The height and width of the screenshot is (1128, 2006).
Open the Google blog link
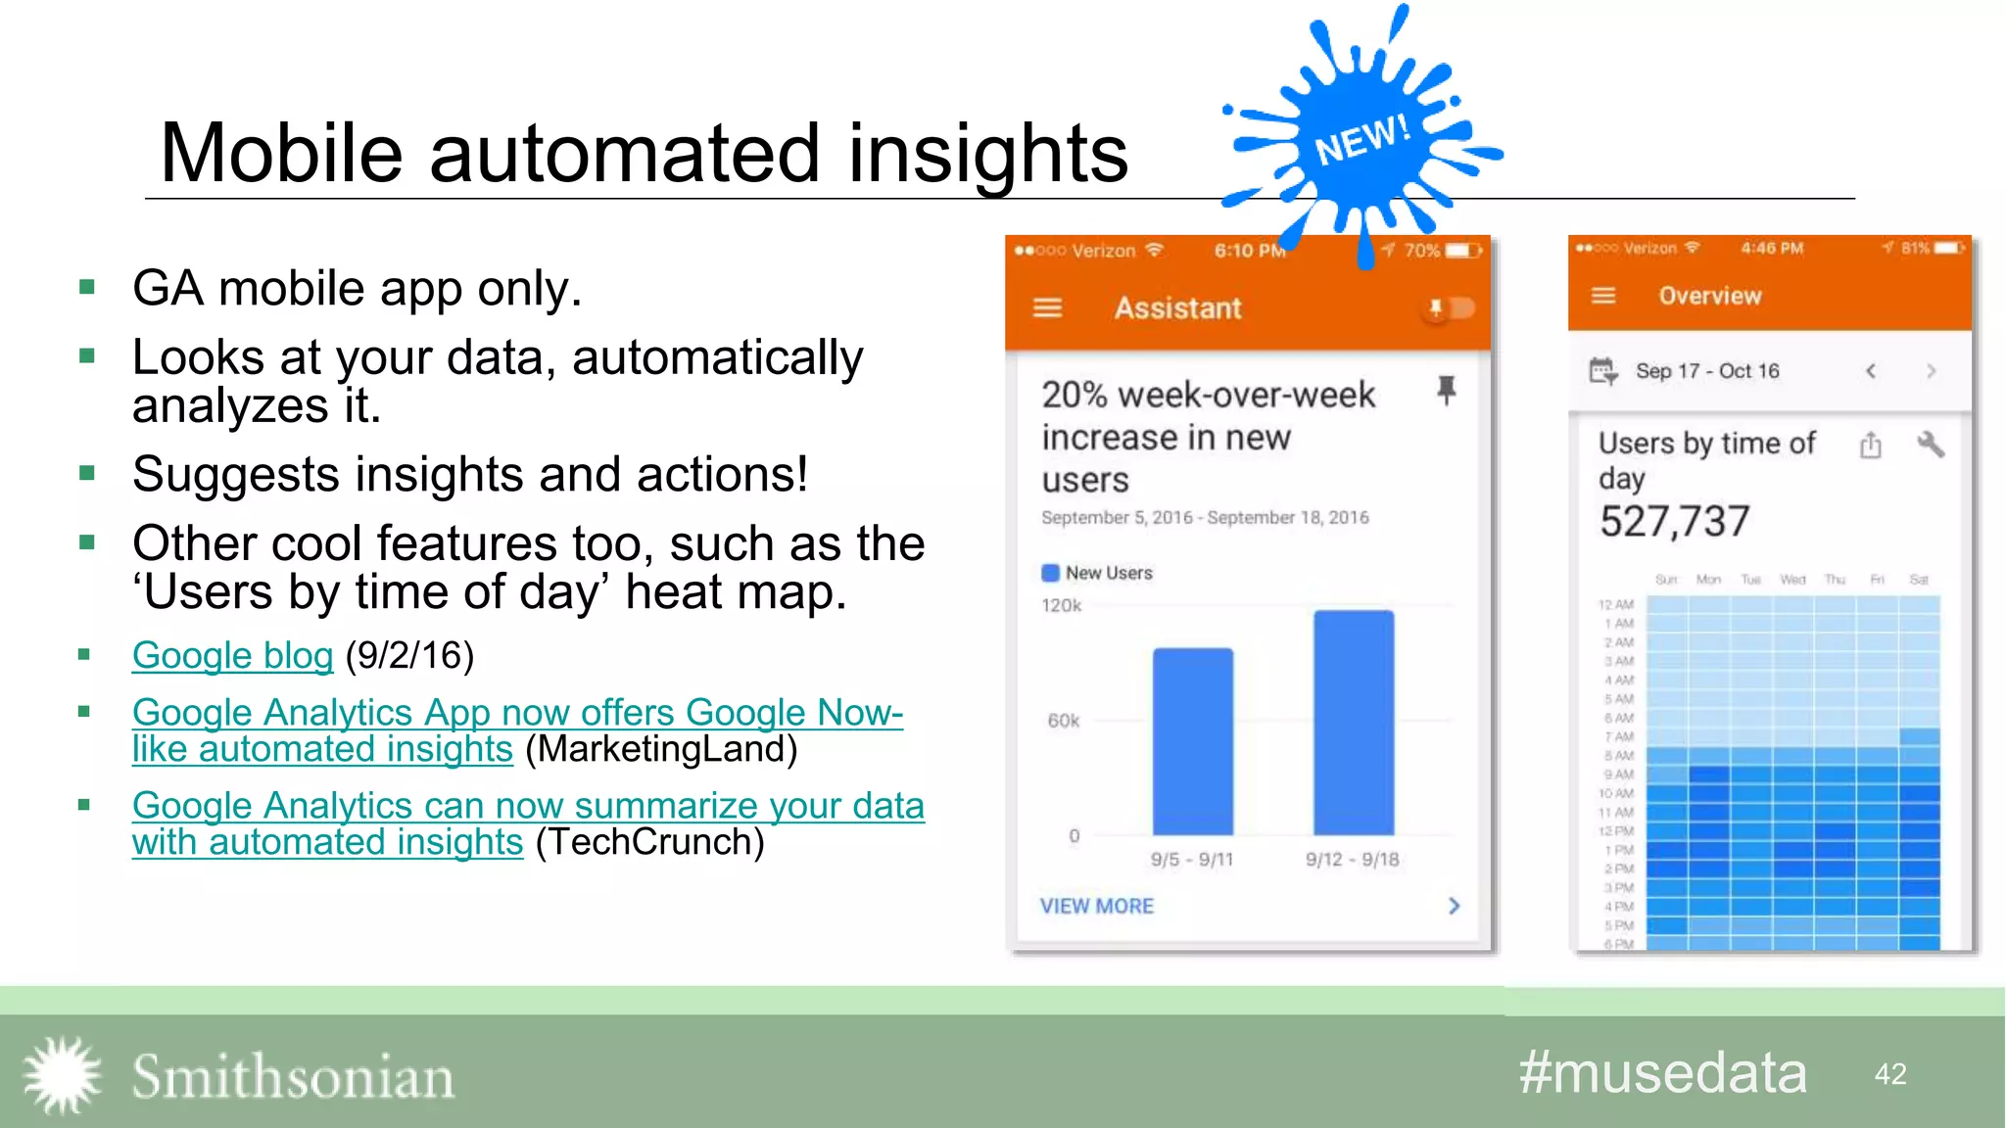coord(233,656)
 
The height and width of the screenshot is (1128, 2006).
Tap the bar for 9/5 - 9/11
coord(1192,741)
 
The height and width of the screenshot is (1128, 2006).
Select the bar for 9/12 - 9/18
coord(1353,723)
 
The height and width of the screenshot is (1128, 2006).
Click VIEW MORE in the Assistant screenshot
coord(1097,907)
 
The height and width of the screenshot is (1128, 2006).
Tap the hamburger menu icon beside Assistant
coord(1047,308)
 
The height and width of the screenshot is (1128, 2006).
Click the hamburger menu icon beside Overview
coord(1603,296)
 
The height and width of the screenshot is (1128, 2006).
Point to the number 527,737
coord(1674,522)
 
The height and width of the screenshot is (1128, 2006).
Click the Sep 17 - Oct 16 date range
coord(1707,371)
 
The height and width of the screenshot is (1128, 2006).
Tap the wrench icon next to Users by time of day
coord(1930,445)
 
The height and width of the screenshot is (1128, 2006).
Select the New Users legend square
coord(1050,573)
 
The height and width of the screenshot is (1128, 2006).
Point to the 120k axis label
coord(1061,606)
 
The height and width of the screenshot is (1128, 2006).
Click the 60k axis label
coord(1063,722)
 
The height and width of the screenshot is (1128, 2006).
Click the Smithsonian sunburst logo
coord(62,1075)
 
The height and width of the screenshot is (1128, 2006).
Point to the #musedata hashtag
coord(1662,1073)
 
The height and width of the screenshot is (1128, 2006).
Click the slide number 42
coord(1890,1074)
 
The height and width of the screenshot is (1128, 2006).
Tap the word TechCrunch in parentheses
coord(649,842)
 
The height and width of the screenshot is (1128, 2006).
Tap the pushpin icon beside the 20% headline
coord(1446,390)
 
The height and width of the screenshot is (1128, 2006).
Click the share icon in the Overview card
coord(1871,446)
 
